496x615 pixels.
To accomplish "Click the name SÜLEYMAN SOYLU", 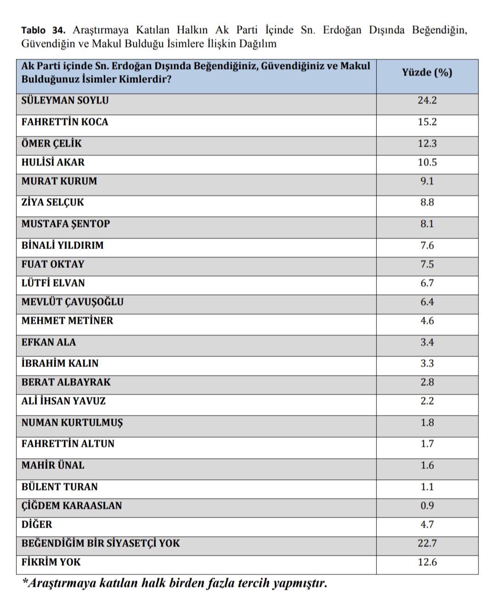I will point(65,101).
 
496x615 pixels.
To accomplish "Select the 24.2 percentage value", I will point(427,101).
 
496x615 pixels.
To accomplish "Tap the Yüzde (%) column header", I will point(427,73).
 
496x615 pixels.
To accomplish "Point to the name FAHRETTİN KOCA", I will point(65,122).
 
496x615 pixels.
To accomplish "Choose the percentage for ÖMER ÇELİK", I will point(427,144).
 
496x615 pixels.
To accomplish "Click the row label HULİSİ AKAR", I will point(53,162).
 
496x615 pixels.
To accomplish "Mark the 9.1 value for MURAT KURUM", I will point(427,181).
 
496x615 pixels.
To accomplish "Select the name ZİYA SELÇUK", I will point(53,202).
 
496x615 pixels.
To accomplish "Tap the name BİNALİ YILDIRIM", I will point(62,246).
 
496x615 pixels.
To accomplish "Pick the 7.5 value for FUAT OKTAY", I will point(427,264).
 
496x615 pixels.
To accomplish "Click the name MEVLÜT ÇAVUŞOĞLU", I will point(73,302).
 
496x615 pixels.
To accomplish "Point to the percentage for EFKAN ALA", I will point(427,342).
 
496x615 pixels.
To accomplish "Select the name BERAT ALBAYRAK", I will point(66,382).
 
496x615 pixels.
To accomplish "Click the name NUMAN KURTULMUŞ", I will point(72,423).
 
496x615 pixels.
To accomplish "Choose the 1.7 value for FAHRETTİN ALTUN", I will point(427,444).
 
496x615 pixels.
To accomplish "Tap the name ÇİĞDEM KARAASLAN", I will point(72,506).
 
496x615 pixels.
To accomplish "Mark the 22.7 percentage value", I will point(427,543).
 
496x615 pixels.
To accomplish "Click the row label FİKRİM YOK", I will point(51,562).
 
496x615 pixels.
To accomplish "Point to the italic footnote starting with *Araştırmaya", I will point(175,583).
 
